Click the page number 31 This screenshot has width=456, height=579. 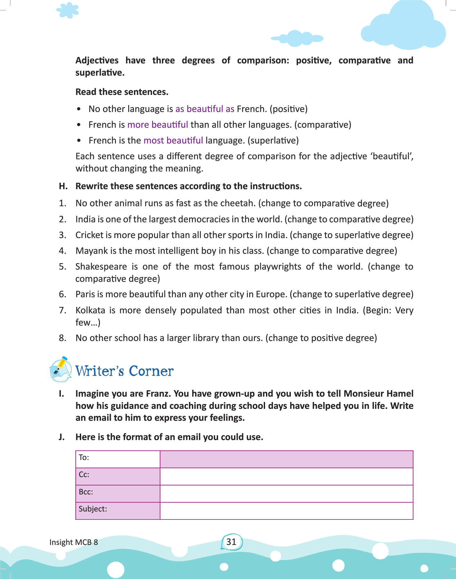tap(231, 542)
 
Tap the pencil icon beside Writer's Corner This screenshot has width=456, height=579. tap(61, 370)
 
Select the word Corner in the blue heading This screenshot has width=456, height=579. tap(151, 371)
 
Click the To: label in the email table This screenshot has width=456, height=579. tap(84, 458)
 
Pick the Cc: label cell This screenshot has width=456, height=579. tap(118, 476)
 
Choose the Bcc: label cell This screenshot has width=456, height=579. tap(118, 494)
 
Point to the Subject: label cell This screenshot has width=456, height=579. tap(118, 511)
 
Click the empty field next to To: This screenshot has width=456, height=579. tap(286, 459)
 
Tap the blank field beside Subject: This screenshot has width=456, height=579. tap(286, 511)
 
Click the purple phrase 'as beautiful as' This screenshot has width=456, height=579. tap(205, 109)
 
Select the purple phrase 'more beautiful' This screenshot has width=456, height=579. tap(157, 125)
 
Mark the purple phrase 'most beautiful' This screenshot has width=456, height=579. tap(173, 141)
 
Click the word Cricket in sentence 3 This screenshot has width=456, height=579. tap(89, 235)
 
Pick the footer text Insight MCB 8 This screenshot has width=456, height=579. tap(73, 542)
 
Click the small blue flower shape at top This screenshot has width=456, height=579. tap(68, 10)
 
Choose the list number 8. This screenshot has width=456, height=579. tap(62, 338)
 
